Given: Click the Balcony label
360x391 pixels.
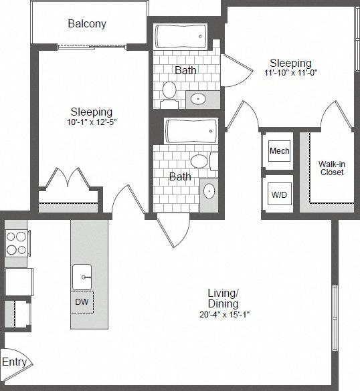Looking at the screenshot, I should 87,24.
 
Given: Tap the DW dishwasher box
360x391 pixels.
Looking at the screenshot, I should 82,302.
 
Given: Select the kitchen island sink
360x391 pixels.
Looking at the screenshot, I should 82,274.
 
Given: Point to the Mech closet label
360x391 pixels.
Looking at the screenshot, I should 279,151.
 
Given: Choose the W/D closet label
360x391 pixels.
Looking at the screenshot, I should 279,196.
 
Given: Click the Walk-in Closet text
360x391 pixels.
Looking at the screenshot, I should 331,168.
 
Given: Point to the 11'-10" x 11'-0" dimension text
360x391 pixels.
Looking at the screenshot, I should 290,74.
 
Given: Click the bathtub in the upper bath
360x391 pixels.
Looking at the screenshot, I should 181,36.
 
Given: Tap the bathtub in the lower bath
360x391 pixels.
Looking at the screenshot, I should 191,131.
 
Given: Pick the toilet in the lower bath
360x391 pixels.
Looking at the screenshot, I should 199,161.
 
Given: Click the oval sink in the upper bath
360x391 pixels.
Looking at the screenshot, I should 199,100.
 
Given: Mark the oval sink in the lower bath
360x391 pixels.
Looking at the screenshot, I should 209,191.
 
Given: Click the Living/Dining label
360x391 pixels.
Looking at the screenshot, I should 223,298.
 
